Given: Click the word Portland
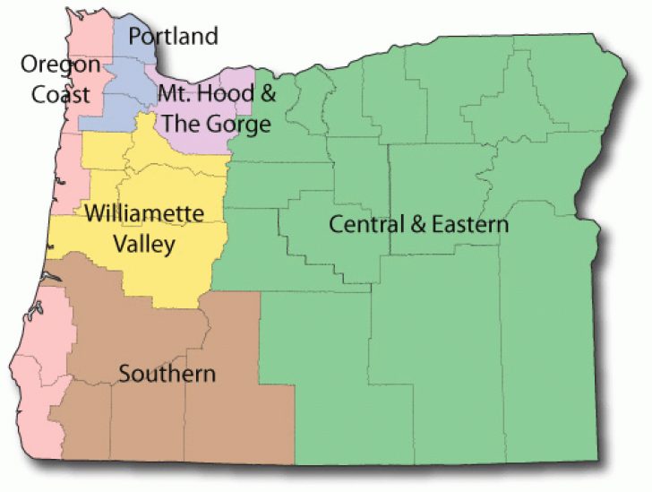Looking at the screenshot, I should coord(173,37).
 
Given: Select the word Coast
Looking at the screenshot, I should coord(61,93).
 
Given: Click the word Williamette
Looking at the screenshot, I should coord(144,214).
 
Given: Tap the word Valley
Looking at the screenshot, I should coord(143,244).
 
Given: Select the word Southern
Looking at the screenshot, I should coord(167,374).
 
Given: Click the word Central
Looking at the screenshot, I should coord(361,224).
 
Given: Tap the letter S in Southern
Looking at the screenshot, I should coord(124,374).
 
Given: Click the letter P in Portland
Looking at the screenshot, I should coord(135,37).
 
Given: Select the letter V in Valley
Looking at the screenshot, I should coord(118,244).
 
